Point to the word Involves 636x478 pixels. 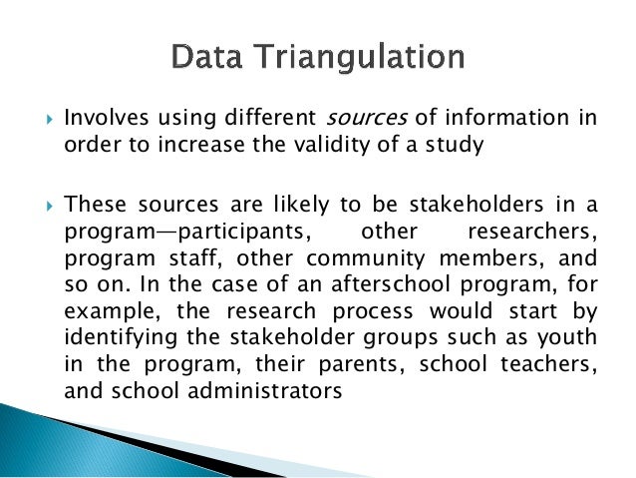click(x=99, y=119)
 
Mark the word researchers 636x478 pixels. click(x=537, y=232)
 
